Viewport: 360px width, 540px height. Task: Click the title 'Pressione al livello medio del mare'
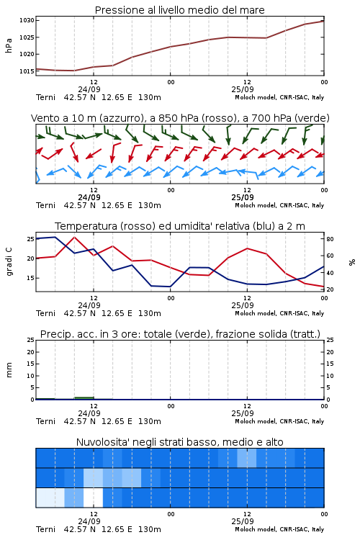coord(179,10)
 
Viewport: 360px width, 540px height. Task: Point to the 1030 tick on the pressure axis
coord(27,20)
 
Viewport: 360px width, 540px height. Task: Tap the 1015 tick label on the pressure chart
coord(27,71)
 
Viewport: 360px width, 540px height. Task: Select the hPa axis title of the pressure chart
coord(9,45)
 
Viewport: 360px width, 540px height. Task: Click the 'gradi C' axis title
coord(9,261)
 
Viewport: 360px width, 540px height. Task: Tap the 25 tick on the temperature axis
coord(31,239)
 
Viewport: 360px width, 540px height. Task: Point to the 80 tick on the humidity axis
coord(330,239)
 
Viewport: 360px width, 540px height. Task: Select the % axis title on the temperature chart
coord(352,262)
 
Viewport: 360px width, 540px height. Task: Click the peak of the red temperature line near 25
coord(74,237)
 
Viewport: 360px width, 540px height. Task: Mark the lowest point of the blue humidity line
coord(169,287)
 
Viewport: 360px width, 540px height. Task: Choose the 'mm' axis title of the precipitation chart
coord(9,369)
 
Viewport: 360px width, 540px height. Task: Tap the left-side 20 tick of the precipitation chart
coord(31,352)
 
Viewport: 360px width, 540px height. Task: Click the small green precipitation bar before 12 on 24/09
coord(84,398)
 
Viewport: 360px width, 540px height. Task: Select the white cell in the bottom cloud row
coord(93,498)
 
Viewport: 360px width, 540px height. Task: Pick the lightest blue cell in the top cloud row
coord(247,458)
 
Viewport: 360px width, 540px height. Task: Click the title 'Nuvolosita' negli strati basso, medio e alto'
coord(179,442)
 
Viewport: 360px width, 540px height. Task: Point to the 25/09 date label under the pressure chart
coord(243,89)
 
